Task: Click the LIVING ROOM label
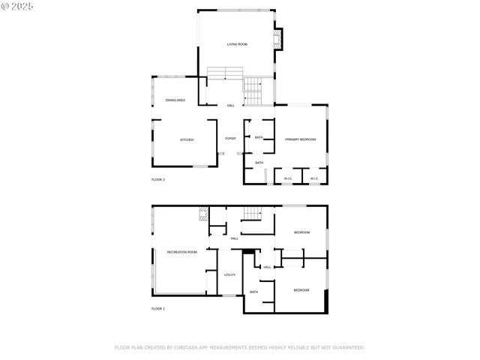[237, 45]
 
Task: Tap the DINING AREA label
[175, 100]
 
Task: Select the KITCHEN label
[187, 140]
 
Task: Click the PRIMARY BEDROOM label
[300, 139]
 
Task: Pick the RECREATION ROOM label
[182, 252]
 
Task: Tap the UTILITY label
[230, 274]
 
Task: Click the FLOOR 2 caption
[158, 180]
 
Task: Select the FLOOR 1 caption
[158, 308]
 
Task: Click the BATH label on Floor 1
[253, 292]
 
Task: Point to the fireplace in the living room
[279, 38]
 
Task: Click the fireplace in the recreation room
[202, 213]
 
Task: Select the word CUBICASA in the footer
[182, 347]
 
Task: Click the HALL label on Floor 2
[230, 105]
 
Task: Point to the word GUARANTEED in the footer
[346, 347]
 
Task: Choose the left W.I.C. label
[288, 178]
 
